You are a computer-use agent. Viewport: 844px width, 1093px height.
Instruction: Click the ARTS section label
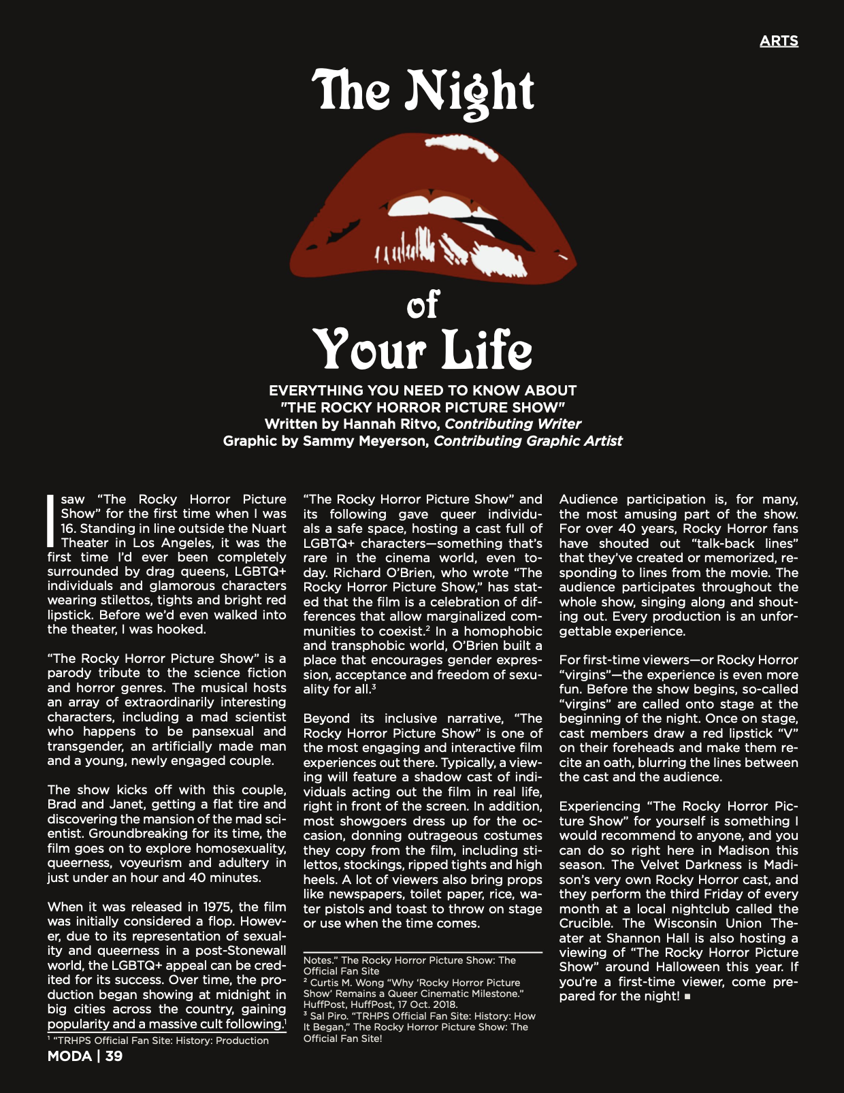779,41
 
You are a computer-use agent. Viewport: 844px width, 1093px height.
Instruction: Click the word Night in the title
470,92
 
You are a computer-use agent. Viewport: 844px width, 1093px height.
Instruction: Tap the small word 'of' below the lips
423,304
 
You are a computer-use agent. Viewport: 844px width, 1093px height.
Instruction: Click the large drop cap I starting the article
50,521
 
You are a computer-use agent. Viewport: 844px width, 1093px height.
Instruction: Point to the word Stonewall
256,951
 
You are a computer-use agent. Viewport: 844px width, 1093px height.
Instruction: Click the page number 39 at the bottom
114,1056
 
